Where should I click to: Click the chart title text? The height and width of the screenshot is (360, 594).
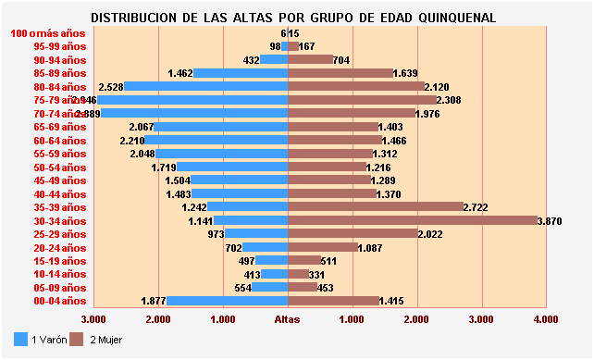tap(294, 18)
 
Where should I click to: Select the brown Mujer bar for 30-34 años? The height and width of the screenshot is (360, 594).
tap(413, 220)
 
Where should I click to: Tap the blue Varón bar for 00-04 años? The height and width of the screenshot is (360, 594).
tap(228, 301)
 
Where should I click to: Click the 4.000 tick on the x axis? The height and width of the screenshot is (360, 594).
tap(546, 319)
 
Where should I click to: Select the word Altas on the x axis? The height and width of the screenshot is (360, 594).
tap(288, 319)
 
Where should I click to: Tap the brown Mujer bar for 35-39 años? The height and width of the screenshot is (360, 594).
tap(376, 207)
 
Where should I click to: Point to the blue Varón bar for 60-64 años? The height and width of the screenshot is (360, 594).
tap(217, 140)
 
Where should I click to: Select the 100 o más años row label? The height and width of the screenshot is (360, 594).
tap(48, 32)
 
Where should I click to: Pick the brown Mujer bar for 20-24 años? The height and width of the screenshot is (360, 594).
tap(323, 247)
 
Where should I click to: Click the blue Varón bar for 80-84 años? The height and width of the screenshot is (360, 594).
tap(206, 86)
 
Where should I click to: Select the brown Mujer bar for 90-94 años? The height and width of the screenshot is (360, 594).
tap(311, 59)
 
